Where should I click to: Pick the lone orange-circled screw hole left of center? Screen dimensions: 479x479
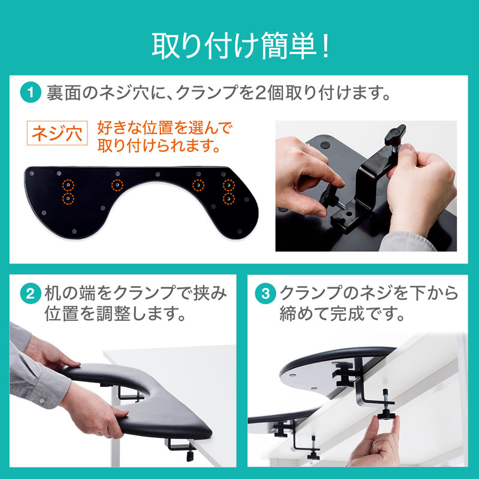point(117,185)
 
